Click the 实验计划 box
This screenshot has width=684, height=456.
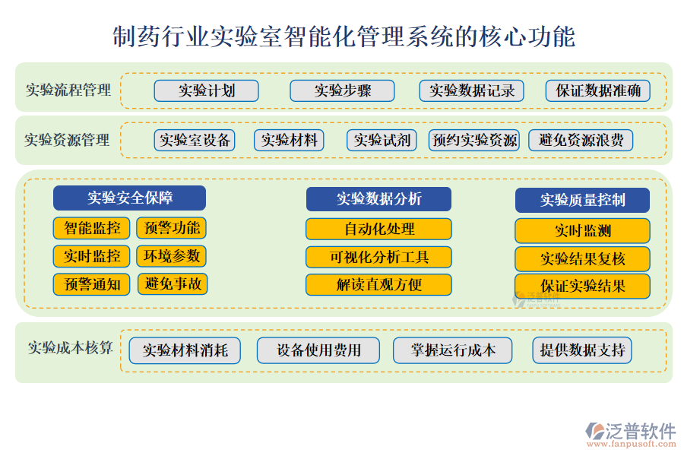[207, 91]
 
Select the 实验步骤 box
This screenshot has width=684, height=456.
[342, 91]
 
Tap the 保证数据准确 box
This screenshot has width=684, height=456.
[598, 91]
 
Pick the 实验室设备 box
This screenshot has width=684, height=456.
[195, 140]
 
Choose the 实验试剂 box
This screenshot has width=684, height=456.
[382, 140]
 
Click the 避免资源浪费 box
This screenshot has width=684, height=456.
[581, 140]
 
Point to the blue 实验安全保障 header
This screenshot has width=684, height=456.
[129, 198]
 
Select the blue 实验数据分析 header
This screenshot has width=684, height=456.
[378, 199]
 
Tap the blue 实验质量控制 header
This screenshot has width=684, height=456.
[582, 200]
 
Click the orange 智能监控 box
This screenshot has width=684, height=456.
[92, 227]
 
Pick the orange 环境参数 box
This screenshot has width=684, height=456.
[172, 256]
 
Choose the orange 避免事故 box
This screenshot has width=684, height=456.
[173, 284]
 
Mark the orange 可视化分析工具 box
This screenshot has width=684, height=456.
[378, 257]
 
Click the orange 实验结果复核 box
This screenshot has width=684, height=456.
[582, 258]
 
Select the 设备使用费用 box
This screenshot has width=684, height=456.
[318, 350]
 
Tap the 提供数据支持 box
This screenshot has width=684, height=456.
[582, 350]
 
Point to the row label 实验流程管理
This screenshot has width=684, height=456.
[68, 90]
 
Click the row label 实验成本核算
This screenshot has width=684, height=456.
[71, 348]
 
